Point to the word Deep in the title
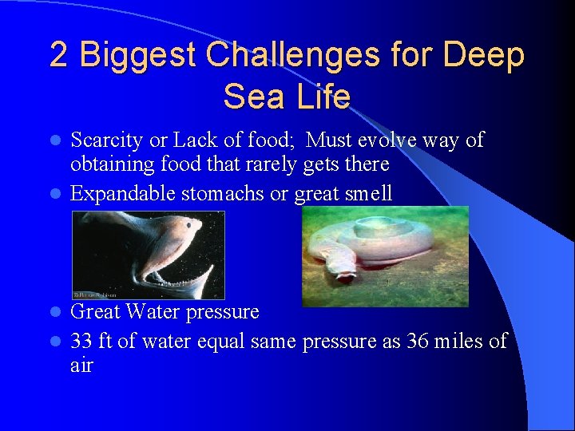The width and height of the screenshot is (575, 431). tap(484, 56)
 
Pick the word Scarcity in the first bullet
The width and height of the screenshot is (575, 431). tap(106, 141)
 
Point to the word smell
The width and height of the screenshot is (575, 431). tap(367, 193)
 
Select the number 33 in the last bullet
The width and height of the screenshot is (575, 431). tap(81, 342)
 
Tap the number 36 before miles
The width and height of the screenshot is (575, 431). tap(419, 342)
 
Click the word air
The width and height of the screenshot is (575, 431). tap(81, 366)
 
